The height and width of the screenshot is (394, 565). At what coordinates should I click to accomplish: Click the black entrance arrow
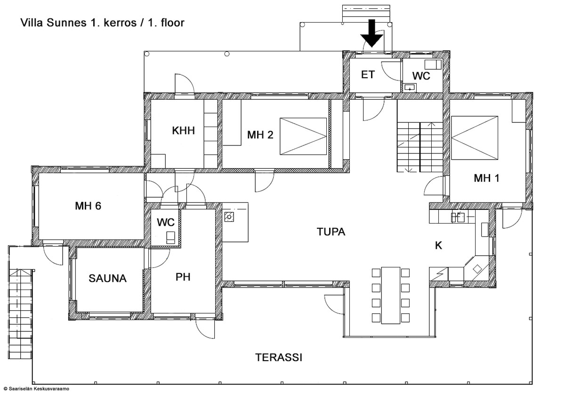tap(372, 33)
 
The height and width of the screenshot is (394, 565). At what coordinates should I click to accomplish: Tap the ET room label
tap(368, 75)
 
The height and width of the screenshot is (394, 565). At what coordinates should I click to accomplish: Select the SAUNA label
tap(108, 279)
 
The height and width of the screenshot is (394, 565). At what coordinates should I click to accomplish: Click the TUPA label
tap(331, 232)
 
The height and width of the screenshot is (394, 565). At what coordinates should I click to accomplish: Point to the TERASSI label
tap(279, 357)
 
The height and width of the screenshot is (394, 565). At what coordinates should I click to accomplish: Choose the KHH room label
tap(183, 131)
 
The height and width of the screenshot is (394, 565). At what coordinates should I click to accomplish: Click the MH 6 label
tap(88, 206)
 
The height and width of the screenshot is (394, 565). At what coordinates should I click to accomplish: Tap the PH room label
tap(183, 277)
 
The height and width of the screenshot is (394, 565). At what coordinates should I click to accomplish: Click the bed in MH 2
tap(303, 136)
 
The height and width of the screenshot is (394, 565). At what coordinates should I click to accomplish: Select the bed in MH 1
tap(475, 138)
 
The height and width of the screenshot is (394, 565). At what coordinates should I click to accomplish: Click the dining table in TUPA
tap(391, 295)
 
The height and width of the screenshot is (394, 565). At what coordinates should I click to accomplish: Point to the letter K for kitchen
tap(439, 245)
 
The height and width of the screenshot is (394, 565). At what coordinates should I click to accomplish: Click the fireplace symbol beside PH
tap(229, 217)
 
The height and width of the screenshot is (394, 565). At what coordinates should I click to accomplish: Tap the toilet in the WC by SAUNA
tap(170, 238)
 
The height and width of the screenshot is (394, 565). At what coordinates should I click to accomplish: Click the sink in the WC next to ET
tap(410, 88)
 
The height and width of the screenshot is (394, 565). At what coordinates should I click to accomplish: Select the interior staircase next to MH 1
tap(420, 147)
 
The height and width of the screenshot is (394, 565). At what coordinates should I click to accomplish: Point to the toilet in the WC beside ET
tap(433, 64)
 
